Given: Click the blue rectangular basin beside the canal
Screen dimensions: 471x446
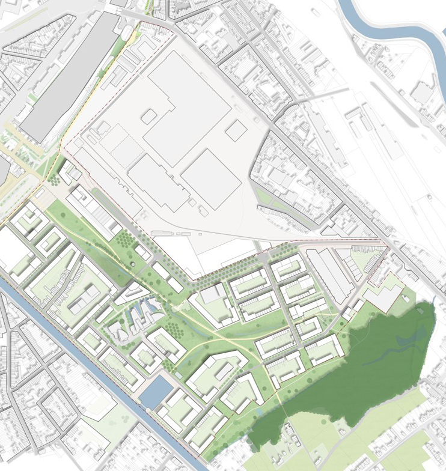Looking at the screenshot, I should [154, 391].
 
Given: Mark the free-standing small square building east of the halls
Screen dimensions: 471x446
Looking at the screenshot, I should [236, 129].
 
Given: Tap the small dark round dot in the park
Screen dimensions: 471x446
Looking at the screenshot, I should [133, 264].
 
